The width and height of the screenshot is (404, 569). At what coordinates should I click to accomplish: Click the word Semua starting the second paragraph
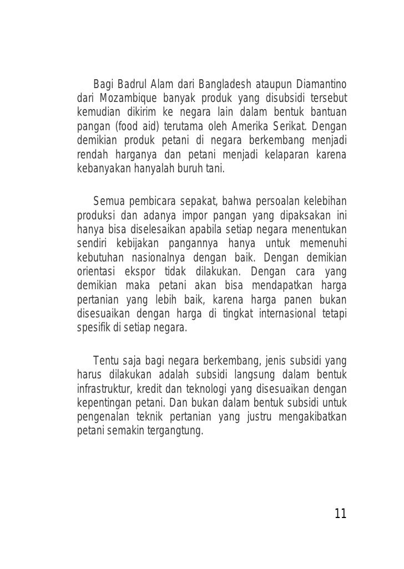tap(109, 201)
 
